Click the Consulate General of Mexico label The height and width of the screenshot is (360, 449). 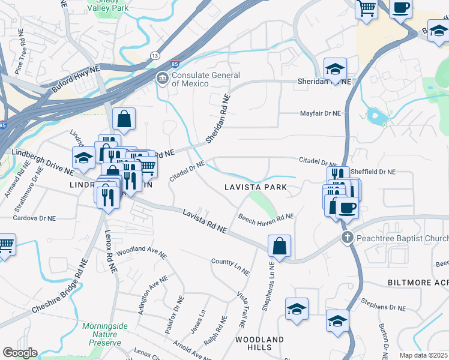coord(206,79)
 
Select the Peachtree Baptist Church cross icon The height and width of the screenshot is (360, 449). coord(347,238)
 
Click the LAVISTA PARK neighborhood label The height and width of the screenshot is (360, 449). coord(255,187)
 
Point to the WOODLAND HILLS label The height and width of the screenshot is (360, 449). coord(259,343)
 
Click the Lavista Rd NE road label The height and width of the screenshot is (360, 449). coord(205,220)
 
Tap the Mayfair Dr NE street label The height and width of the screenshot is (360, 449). coord(320,113)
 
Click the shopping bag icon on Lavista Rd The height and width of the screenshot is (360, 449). coord(280,245)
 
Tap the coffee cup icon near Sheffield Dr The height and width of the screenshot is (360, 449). coord(347,208)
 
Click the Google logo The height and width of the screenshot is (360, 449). coord(20,353)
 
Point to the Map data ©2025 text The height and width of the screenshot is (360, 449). coord(423,355)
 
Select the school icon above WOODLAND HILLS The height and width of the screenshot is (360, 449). coord(297,309)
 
